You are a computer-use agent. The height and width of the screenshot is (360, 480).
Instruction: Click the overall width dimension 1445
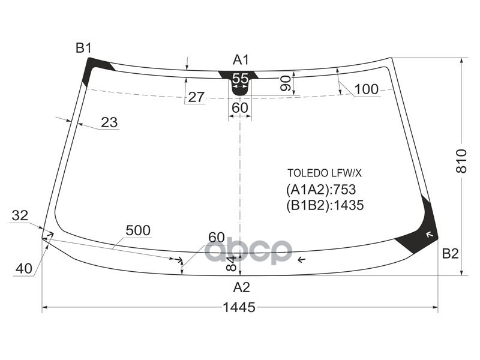tap(239, 307)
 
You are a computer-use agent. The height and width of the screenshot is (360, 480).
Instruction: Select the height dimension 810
tap(461, 161)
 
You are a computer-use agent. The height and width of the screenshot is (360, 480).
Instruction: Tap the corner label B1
tap(83, 48)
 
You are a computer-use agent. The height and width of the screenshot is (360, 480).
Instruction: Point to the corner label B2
tap(450, 254)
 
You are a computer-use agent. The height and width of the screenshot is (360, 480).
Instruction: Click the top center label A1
tap(241, 59)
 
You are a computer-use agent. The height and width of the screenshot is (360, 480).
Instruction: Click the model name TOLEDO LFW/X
tap(324, 173)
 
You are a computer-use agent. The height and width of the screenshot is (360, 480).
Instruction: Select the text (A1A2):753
tap(320, 190)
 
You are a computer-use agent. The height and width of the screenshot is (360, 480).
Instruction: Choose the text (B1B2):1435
tap(325, 205)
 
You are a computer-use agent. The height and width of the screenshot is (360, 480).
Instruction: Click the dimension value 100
tap(366, 90)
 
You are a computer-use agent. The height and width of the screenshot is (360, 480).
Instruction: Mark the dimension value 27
tap(196, 97)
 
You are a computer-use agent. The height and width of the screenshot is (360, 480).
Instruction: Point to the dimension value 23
tap(109, 122)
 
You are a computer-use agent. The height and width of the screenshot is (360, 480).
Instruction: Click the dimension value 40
tap(24, 269)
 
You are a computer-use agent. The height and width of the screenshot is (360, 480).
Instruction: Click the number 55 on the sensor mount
tap(240, 79)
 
